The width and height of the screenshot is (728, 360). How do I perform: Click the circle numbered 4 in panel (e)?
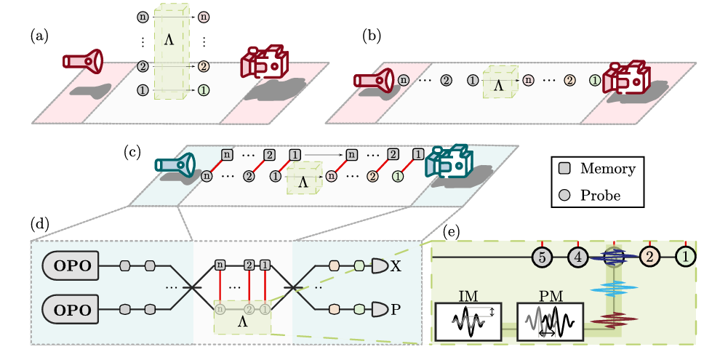coord(578,256)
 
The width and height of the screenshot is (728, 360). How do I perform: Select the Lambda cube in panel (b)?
coord(499,84)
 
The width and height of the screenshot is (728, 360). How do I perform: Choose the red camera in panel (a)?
coord(265,63)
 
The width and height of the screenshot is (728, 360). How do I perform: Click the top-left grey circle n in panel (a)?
coord(143,15)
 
